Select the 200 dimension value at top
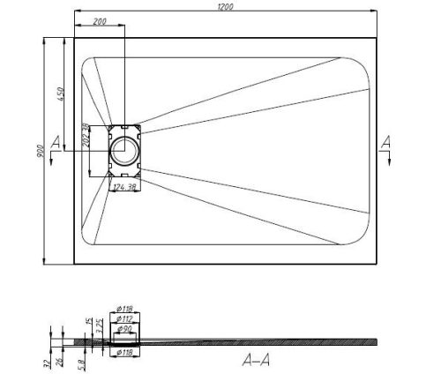point(99,20)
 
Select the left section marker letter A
point(57,142)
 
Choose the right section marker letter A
point(385,142)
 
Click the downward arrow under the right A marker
point(385,159)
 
